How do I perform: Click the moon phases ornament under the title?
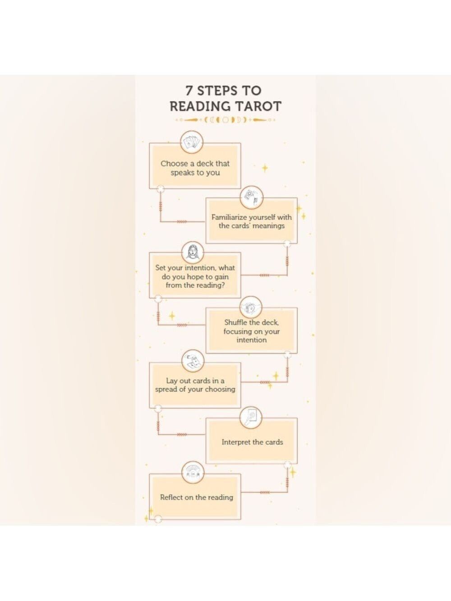point(225,119)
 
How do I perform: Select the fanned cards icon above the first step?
point(192,142)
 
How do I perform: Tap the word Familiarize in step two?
point(229,217)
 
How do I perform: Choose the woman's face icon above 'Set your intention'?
point(193,252)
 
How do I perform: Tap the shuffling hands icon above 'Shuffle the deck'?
point(251,307)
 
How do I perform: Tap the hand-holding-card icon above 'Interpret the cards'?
point(251,417)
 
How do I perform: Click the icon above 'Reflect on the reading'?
point(193,473)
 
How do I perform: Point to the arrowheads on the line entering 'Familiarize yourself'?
point(182,221)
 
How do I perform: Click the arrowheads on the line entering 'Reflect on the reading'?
point(265,492)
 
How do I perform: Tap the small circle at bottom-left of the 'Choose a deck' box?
point(160,188)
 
